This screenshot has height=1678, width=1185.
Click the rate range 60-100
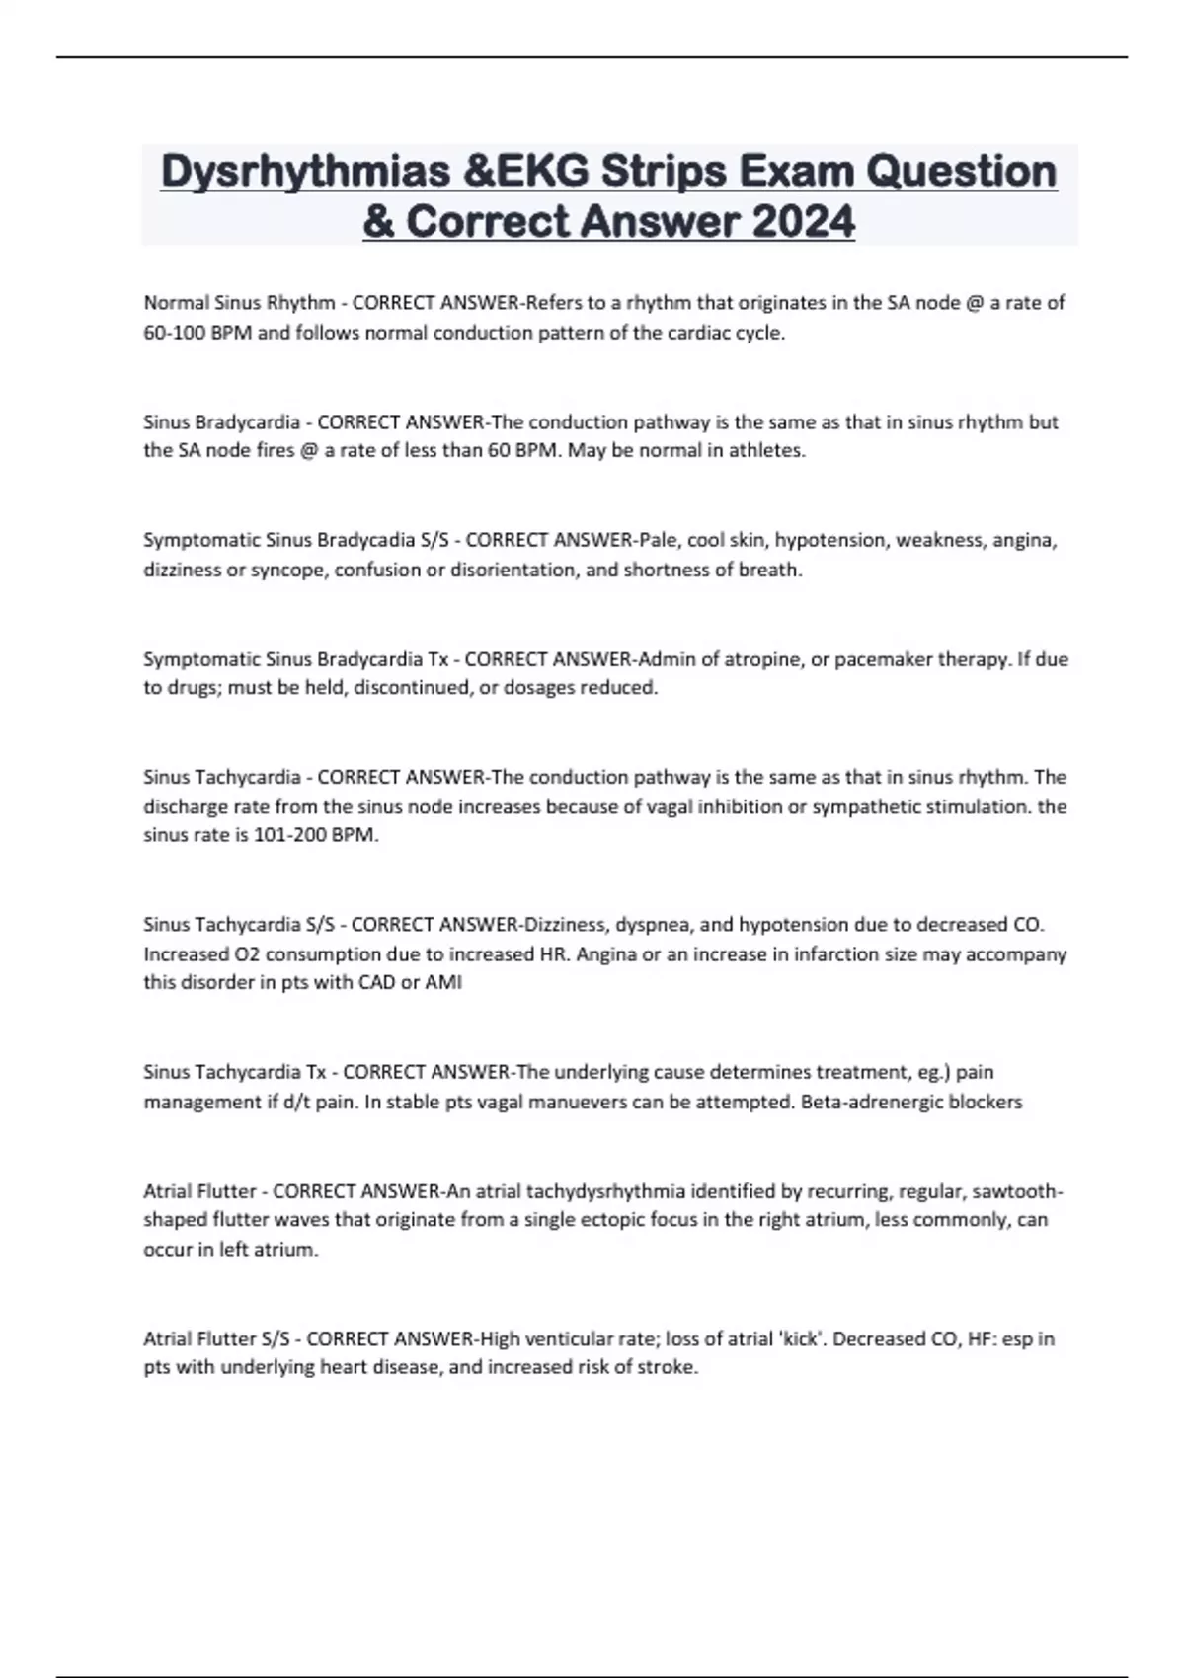click(x=171, y=333)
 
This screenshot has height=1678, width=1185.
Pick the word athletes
click(x=767, y=451)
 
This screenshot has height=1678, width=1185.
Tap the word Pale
click(x=658, y=540)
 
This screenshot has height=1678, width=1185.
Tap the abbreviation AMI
click(x=443, y=983)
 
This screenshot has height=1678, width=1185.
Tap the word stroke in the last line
click(x=670, y=1368)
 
